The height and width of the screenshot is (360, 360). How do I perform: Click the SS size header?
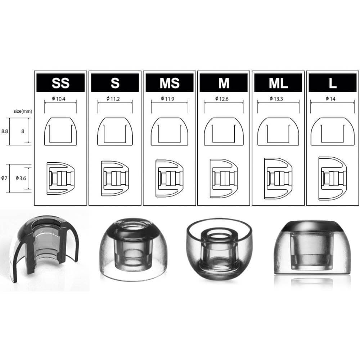coord(60,83)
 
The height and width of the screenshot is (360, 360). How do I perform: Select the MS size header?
coord(169,83)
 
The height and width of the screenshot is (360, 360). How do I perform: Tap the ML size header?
coord(278,83)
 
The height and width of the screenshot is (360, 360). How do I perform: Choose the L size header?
coord(333,83)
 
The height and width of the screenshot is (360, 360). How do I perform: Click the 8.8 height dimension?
coord(5,131)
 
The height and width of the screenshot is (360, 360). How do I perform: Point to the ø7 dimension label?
coord(4,177)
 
